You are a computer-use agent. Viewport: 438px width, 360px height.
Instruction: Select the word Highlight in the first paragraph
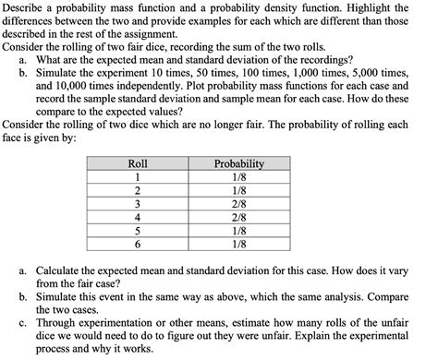(x=377, y=7)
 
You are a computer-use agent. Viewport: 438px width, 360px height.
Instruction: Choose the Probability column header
(x=238, y=164)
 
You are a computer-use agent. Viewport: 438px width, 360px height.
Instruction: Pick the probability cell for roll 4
(x=238, y=218)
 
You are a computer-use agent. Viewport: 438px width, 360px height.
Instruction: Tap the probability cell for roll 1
(x=238, y=177)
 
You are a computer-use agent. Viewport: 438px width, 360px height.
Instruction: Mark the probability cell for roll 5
(x=238, y=232)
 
